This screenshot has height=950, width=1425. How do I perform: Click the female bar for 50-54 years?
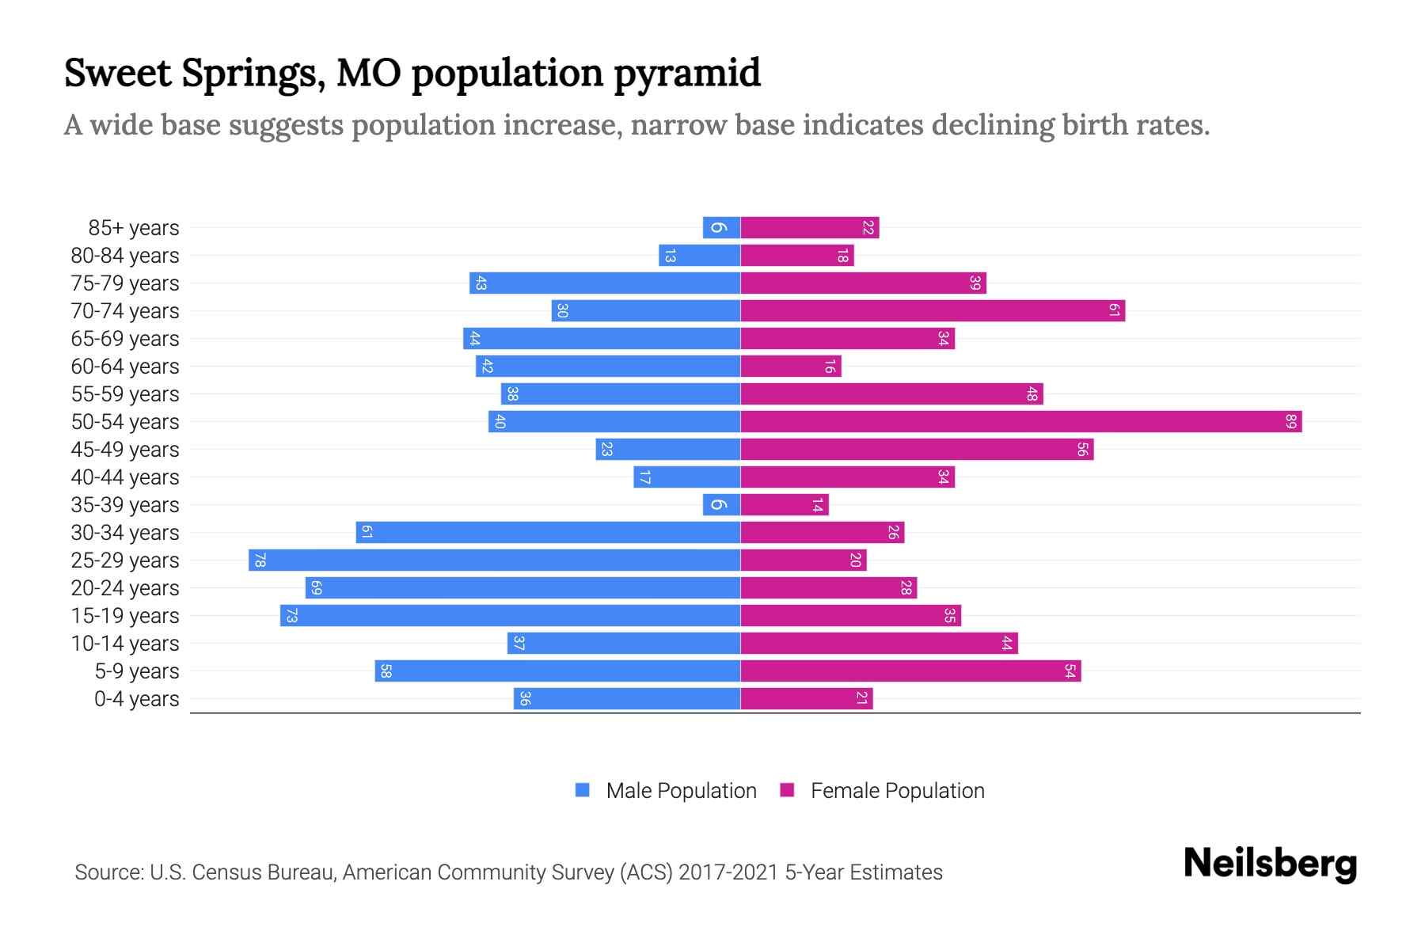pyautogui.click(x=1021, y=422)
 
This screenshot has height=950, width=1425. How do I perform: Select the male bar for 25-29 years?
pyautogui.click(x=495, y=560)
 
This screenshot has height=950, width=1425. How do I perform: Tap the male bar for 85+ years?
pyautogui.click(x=721, y=228)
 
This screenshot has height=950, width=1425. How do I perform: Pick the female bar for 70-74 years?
pyautogui.click(x=933, y=311)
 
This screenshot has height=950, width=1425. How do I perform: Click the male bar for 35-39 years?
pyautogui.click(x=721, y=505)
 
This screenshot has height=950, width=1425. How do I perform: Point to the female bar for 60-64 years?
pyautogui.click(x=791, y=367)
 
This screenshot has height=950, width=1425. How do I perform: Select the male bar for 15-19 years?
pyautogui.click(x=511, y=616)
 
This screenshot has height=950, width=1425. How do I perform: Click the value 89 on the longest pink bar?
pyautogui.click(x=1290, y=422)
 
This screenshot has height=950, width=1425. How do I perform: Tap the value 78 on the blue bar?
pyautogui.click(x=260, y=560)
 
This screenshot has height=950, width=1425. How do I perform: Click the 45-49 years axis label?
pyautogui.click(x=125, y=450)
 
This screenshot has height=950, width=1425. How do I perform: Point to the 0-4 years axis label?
pyautogui.click(x=136, y=699)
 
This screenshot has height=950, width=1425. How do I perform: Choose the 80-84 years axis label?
pyautogui.click(x=125, y=256)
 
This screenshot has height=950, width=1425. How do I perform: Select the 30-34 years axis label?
pyautogui.click(x=125, y=533)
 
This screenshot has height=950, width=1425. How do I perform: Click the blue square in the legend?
pyautogui.click(x=583, y=790)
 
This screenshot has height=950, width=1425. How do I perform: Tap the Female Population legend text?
pyautogui.click(x=897, y=791)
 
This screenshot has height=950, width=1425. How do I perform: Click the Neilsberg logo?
pyautogui.click(x=1270, y=864)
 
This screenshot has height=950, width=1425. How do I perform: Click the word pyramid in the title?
pyautogui.click(x=686, y=74)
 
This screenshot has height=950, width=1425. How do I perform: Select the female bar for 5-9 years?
pyautogui.click(x=910, y=671)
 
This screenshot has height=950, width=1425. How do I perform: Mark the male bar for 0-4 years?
pyautogui.click(x=627, y=699)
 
